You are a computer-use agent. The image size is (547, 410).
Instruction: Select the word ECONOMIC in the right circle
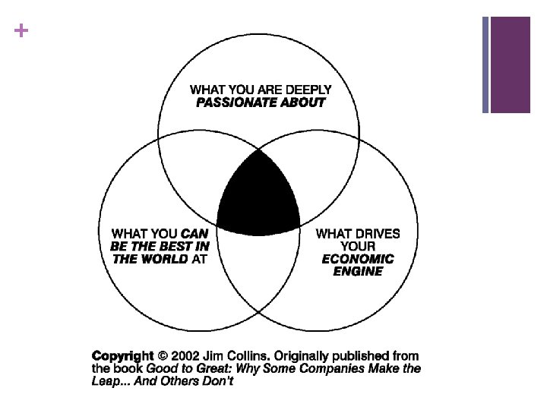(357, 259)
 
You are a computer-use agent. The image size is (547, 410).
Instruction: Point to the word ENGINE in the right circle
(357, 271)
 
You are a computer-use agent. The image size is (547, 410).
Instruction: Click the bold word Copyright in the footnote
(123, 355)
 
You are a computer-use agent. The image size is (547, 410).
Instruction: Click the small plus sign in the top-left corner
(19, 31)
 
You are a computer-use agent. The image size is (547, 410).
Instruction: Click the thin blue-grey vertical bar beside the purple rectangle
(485, 65)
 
